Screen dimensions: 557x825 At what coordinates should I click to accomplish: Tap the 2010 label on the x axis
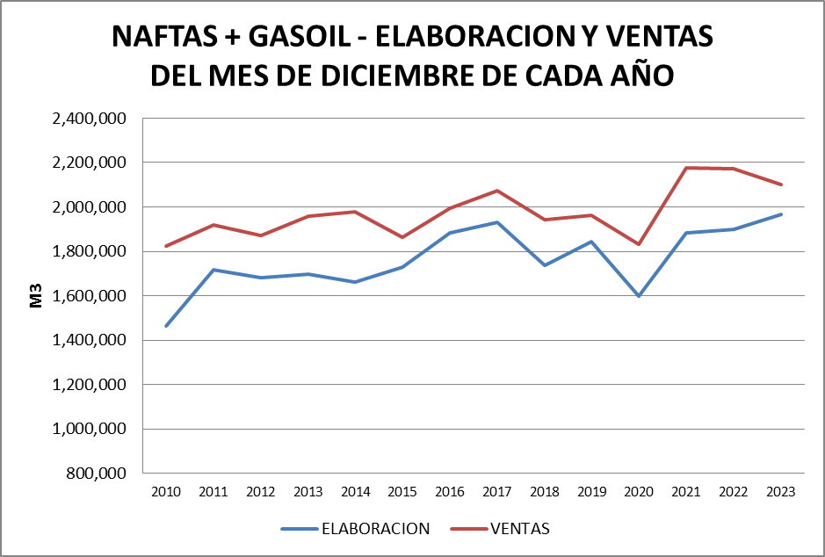point(166,492)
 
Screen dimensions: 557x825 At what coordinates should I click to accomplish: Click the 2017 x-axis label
point(496,492)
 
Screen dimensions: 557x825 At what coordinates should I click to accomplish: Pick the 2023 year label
point(780,492)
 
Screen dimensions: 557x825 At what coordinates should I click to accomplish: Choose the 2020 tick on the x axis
point(639,492)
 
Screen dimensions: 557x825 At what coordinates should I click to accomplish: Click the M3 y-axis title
point(37,295)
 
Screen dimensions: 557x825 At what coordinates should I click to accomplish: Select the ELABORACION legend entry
point(375,529)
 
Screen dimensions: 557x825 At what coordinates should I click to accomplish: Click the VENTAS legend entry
point(519,529)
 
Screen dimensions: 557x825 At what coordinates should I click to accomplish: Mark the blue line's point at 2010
point(166,326)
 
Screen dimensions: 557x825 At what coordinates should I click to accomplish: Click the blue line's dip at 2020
point(639,296)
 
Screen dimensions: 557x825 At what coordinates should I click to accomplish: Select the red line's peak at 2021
point(686,168)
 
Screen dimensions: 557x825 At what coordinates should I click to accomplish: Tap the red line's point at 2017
point(496,191)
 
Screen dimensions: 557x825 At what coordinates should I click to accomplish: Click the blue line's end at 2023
point(780,214)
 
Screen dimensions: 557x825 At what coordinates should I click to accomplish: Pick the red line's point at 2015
point(402,237)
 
